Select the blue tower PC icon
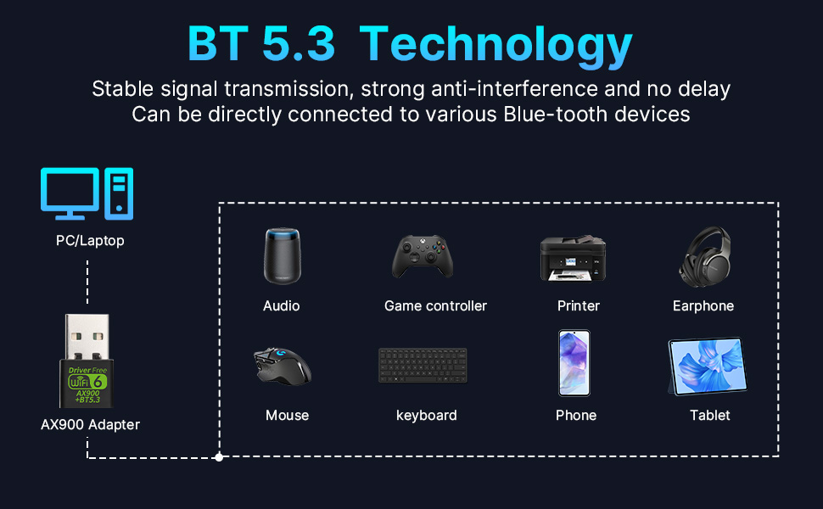(120, 193)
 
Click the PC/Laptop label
(90, 241)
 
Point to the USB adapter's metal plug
(87, 336)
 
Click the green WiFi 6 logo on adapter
(87, 380)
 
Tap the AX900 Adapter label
(90, 424)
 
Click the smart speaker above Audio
(282, 255)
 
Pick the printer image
(573, 258)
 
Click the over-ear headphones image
(704, 256)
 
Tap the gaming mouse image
(283, 365)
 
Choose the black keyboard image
(423, 366)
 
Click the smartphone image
(574, 363)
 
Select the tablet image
(708, 366)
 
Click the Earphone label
(703, 305)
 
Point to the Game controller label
(435, 305)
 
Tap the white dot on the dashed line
(219, 457)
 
